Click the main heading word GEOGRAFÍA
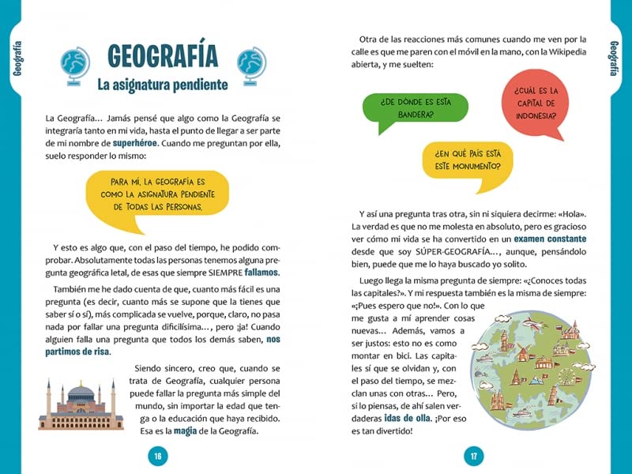(x=162, y=56)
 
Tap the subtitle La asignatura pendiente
(x=162, y=84)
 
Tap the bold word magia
(x=188, y=431)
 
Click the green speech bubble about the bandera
(x=414, y=107)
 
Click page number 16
(x=158, y=456)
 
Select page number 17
(x=474, y=456)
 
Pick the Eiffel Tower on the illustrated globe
(x=517, y=378)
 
